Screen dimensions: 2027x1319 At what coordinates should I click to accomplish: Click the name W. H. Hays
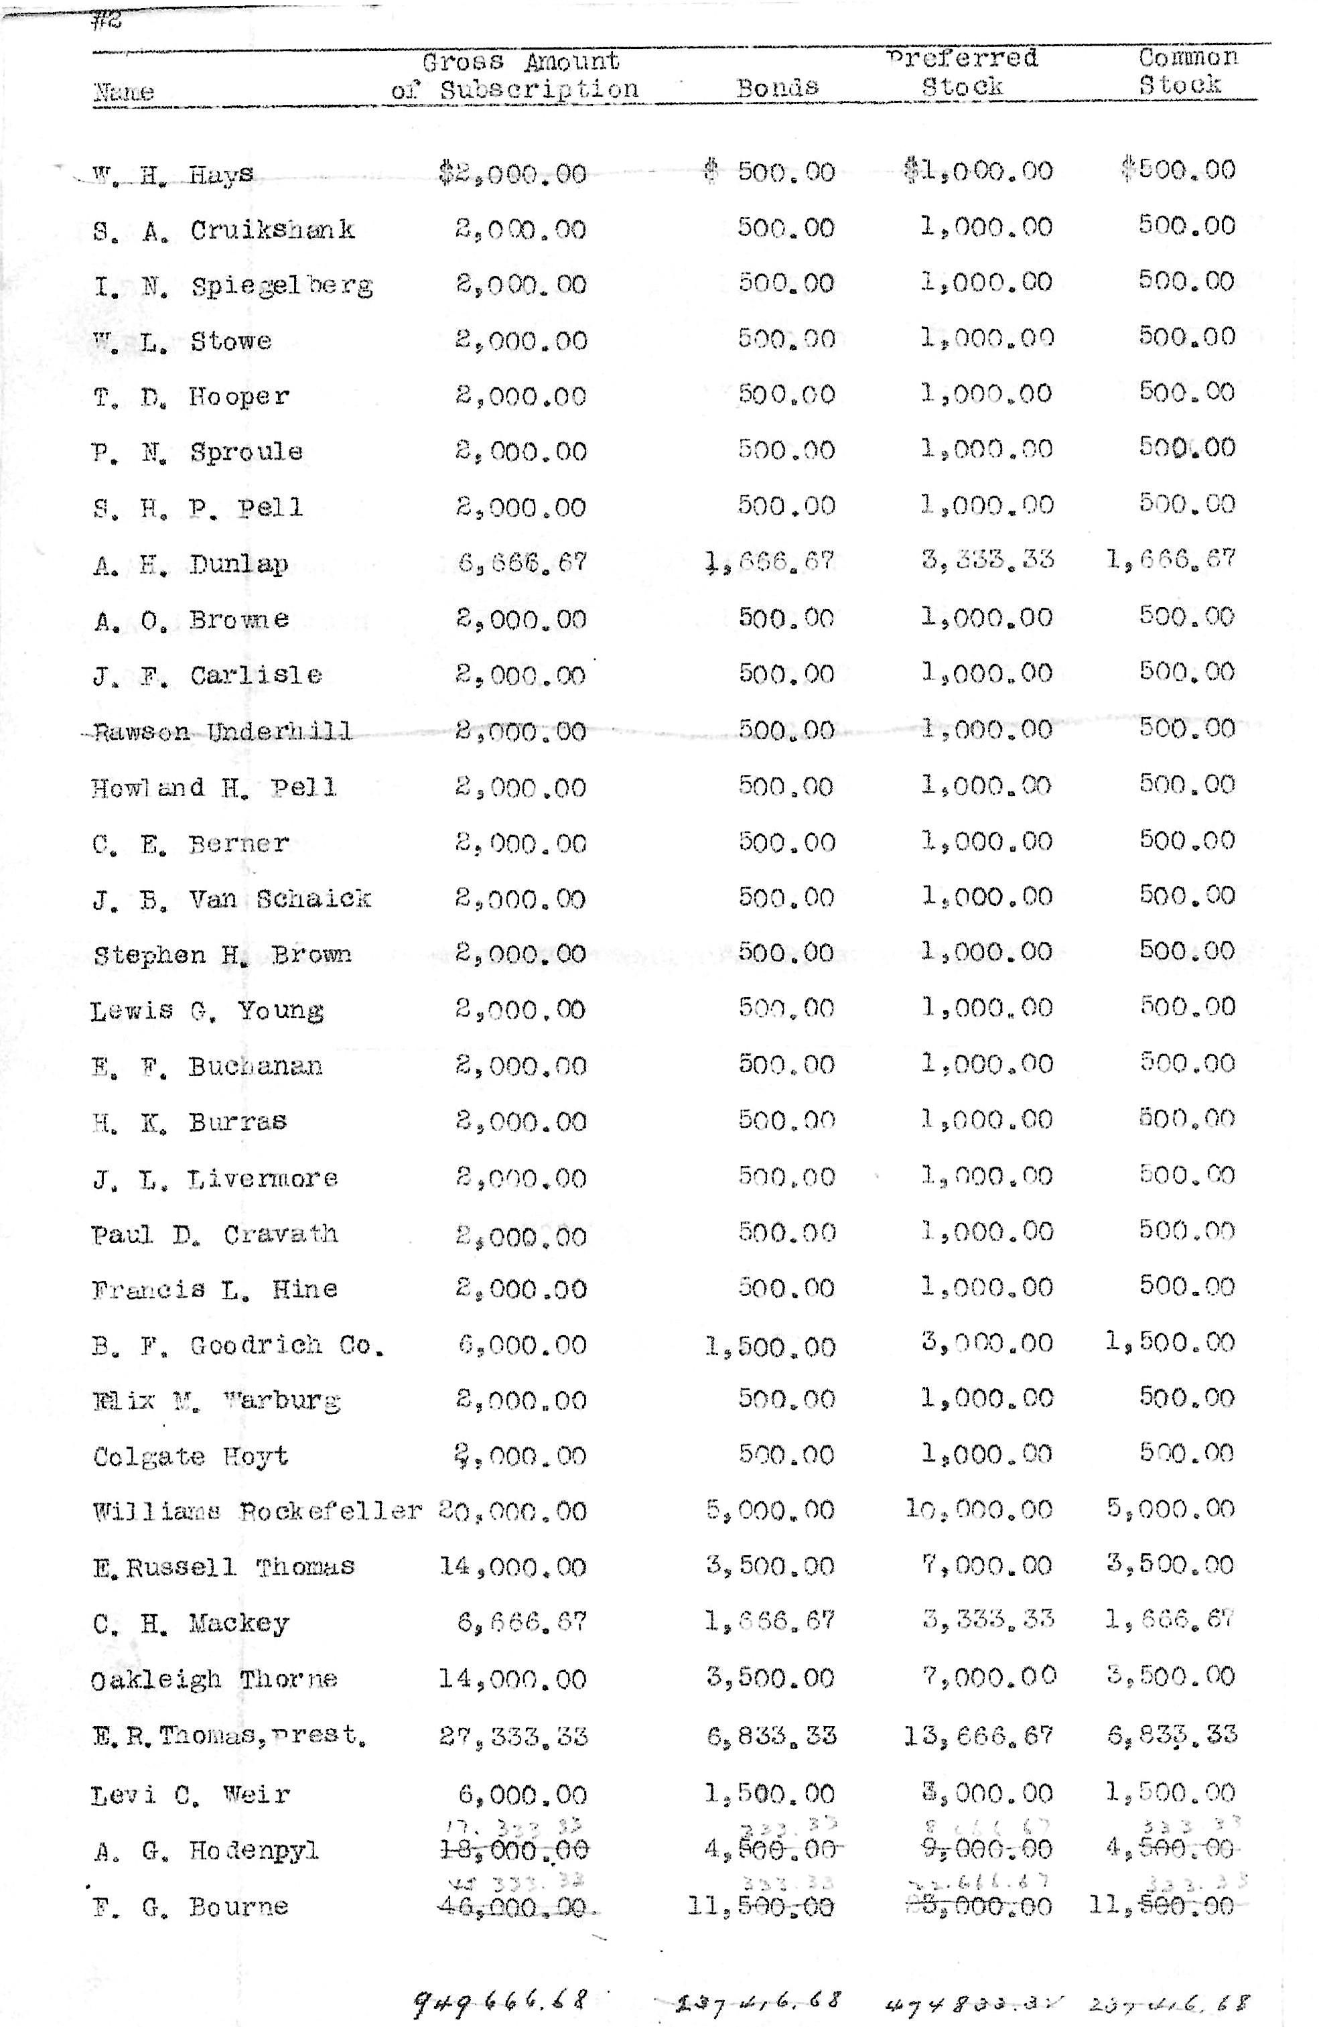(173, 175)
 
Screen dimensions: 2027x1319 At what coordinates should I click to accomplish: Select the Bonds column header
(776, 87)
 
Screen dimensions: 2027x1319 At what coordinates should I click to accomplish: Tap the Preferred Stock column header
(962, 72)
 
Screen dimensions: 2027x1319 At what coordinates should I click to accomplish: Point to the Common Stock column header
(1186, 70)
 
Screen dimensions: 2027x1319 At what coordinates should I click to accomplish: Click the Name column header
(123, 92)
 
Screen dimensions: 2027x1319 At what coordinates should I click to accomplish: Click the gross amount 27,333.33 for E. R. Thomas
(513, 1737)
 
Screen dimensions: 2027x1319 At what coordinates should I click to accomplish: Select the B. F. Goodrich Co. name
(238, 1346)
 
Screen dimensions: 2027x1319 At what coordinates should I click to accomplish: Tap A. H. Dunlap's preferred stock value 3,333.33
(988, 560)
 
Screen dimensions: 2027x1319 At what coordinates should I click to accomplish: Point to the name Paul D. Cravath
(214, 1235)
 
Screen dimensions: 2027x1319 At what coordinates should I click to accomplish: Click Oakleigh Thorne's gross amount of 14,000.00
(512, 1679)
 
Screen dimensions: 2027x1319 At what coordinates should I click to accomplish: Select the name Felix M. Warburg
(216, 1401)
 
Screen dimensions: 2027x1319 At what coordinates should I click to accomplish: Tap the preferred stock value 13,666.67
(979, 1736)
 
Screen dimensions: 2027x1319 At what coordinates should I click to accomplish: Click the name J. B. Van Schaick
(232, 899)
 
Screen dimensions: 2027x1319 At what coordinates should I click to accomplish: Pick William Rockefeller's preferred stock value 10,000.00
(979, 1510)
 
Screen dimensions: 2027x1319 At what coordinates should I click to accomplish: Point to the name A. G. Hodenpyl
(206, 1851)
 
